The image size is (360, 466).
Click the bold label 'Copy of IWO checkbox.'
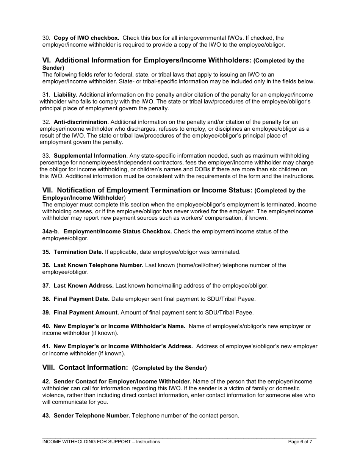tap(86, 38)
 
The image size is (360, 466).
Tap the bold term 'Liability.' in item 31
tap(66, 95)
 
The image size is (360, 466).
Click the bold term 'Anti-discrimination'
tap(80, 122)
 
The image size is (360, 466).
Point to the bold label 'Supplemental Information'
tap(90, 156)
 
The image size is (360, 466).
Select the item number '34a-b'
tap(50, 231)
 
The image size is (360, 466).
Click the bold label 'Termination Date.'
tap(78, 252)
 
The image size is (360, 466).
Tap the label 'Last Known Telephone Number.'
tap(99, 265)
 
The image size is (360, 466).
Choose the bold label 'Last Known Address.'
tap(83, 286)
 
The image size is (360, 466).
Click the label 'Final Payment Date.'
tap(81, 299)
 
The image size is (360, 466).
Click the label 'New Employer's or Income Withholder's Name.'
tap(119, 326)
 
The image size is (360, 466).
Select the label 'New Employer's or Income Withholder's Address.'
tap(123, 346)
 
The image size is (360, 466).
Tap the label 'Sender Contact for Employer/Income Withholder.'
tap(122, 382)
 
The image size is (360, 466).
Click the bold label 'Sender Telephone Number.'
tap(92, 416)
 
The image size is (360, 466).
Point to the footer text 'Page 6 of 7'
tap(300, 442)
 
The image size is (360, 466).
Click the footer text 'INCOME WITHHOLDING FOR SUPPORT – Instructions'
tap(101, 442)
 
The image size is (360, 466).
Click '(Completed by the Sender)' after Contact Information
tap(169, 368)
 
